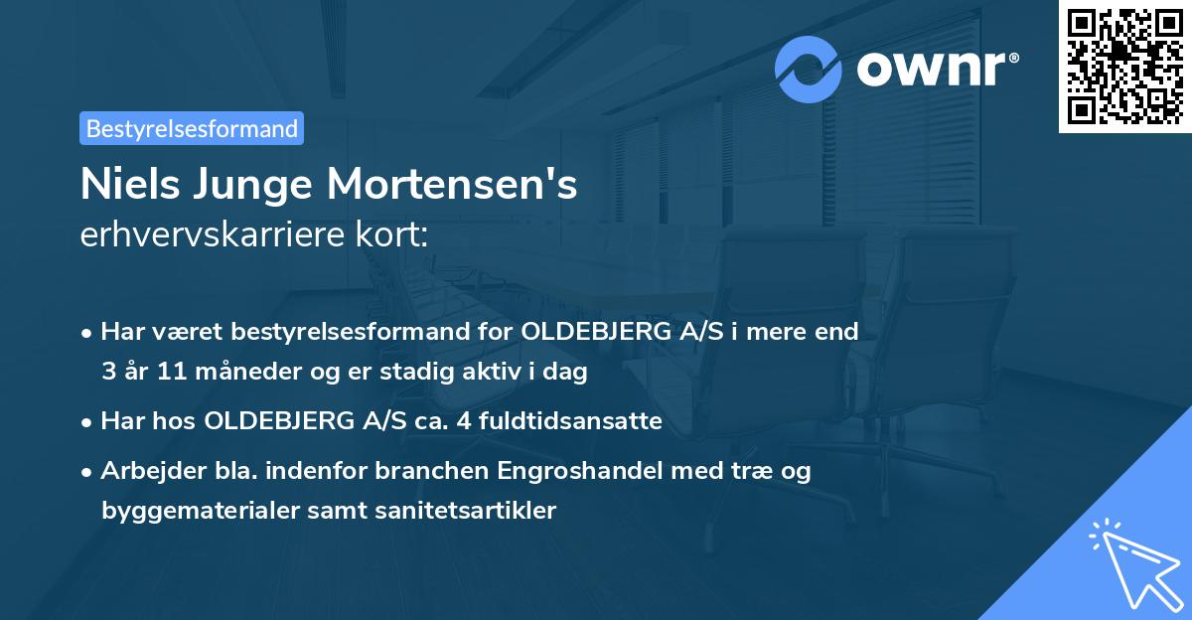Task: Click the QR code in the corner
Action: [1124, 67]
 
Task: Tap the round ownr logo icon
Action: [810, 70]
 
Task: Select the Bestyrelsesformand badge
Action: [192, 128]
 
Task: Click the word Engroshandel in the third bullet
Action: [579, 470]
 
